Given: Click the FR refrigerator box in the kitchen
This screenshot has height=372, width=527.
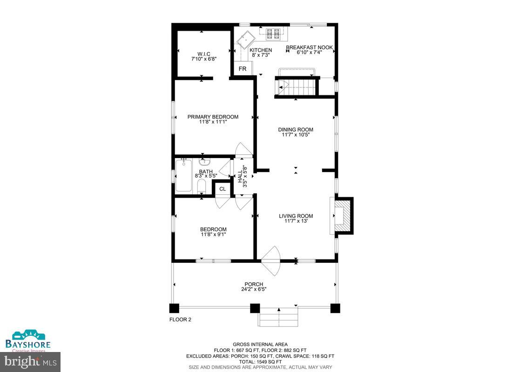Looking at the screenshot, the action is pyautogui.click(x=243, y=69).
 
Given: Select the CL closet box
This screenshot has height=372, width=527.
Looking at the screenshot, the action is pyautogui.click(x=223, y=189).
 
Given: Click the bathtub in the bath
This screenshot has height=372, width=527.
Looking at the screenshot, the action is pyautogui.click(x=183, y=176).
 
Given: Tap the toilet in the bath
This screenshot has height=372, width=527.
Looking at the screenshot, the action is pyautogui.click(x=201, y=186).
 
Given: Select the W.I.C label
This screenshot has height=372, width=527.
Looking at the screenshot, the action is pyautogui.click(x=203, y=54).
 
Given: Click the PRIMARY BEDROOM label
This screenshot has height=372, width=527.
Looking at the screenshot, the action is pyautogui.click(x=213, y=117).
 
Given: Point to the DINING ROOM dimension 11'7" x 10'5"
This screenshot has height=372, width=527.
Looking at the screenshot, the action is pyautogui.click(x=296, y=135).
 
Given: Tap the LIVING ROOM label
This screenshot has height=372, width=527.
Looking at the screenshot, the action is pyautogui.click(x=296, y=216).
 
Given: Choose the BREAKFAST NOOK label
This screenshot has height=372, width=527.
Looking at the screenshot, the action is pyautogui.click(x=309, y=47).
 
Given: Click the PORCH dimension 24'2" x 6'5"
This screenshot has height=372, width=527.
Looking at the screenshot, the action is pyautogui.click(x=254, y=289).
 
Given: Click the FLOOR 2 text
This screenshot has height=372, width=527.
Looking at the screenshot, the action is pyautogui.click(x=180, y=319).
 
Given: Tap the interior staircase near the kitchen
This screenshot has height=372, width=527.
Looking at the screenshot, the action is pyautogui.click(x=297, y=87).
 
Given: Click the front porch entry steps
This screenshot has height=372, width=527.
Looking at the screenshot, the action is pyautogui.click(x=278, y=317).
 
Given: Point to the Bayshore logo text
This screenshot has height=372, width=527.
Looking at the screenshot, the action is pyautogui.click(x=28, y=344).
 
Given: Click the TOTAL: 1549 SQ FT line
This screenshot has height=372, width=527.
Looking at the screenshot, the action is pyautogui.click(x=260, y=362).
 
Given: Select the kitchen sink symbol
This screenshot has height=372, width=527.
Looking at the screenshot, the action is pyautogui.click(x=247, y=40).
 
